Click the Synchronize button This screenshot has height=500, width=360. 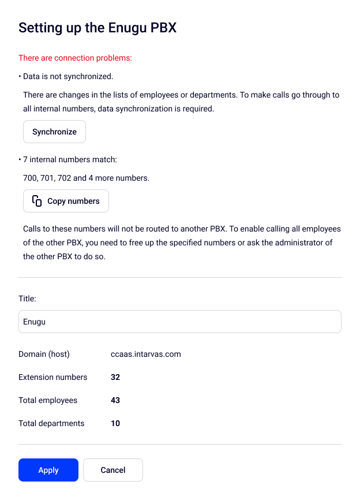54,132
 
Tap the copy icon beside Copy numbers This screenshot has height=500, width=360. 37,201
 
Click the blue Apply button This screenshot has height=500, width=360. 48,470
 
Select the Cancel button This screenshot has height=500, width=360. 113,470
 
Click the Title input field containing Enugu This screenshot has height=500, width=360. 179,322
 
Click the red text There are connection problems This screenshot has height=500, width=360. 75,58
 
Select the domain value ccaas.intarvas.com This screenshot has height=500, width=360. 145,354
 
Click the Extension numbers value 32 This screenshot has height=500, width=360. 115,377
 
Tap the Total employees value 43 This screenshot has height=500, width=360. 115,400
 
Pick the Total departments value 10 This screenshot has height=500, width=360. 115,423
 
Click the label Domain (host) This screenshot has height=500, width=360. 44,354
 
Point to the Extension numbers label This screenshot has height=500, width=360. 52,377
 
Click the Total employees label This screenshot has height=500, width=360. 48,400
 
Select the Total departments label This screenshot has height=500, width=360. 51,423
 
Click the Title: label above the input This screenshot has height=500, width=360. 27,299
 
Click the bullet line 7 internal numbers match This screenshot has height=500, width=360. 70,159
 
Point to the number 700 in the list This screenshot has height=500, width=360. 29,178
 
